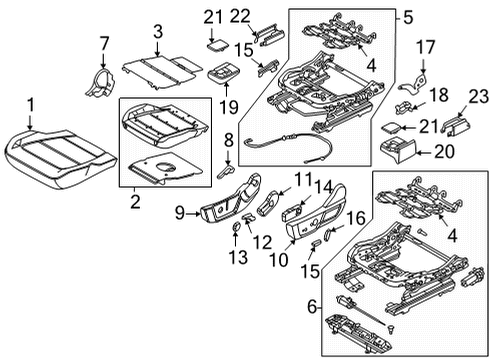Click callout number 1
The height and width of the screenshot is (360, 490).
tap(31, 103)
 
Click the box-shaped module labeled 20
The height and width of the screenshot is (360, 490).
tap(403, 150)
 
